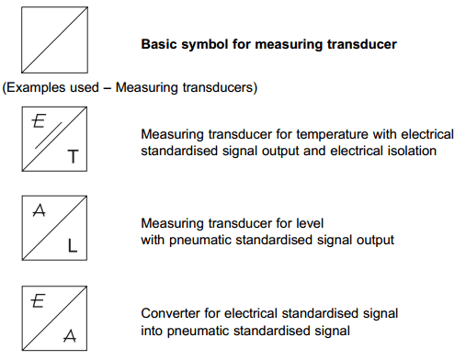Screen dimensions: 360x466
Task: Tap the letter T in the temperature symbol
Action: (x=72, y=158)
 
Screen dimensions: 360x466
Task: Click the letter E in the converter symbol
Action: (x=39, y=299)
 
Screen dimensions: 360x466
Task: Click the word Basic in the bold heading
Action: (x=158, y=43)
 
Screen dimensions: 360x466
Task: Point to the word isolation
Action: (x=407, y=150)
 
